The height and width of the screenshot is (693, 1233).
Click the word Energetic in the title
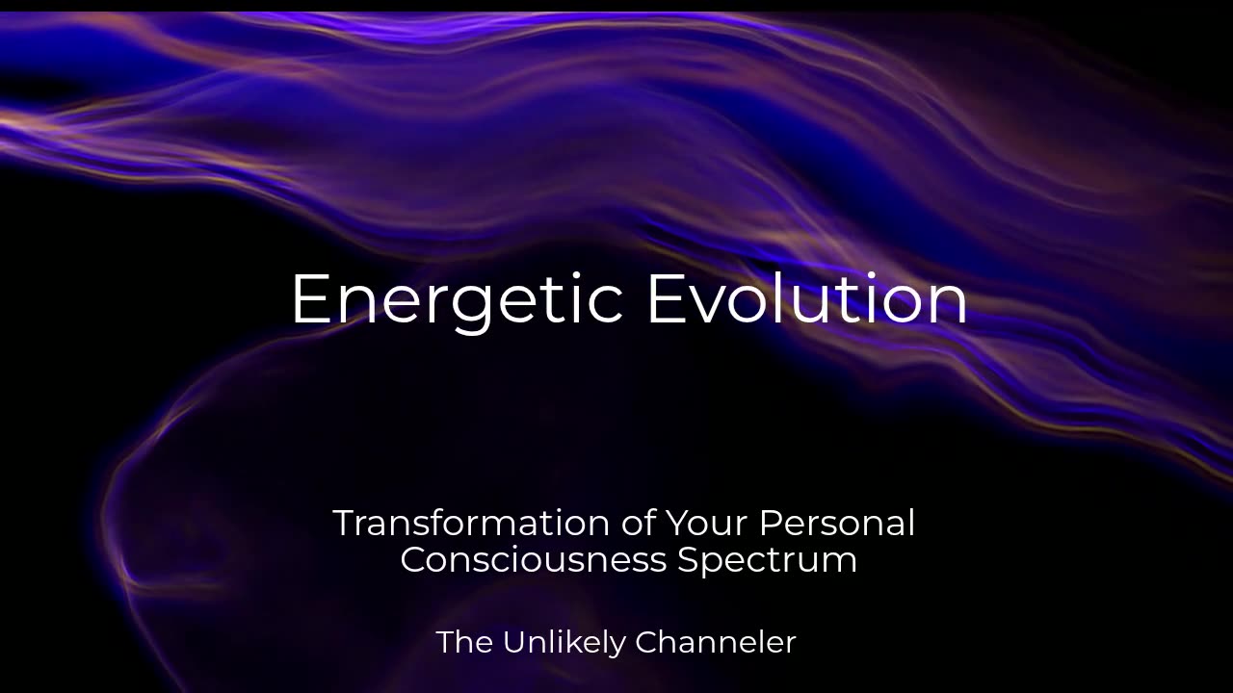click(457, 302)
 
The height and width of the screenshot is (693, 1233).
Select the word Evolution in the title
click(807, 297)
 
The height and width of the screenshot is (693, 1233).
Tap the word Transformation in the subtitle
click(471, 523)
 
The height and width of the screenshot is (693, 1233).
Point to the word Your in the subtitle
click(707, 523)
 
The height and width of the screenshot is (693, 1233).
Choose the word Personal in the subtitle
click(837, 523)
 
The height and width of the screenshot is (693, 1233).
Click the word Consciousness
click(534, 560)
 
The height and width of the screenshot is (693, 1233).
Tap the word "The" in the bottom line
click(464, 642)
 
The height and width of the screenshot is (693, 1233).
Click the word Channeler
click(716, 642)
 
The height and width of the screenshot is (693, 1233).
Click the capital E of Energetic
click(311, 297)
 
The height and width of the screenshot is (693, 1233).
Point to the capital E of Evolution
click(668, 297)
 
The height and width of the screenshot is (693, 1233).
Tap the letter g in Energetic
click(472, 311)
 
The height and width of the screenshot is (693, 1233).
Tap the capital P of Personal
click(772, 523)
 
